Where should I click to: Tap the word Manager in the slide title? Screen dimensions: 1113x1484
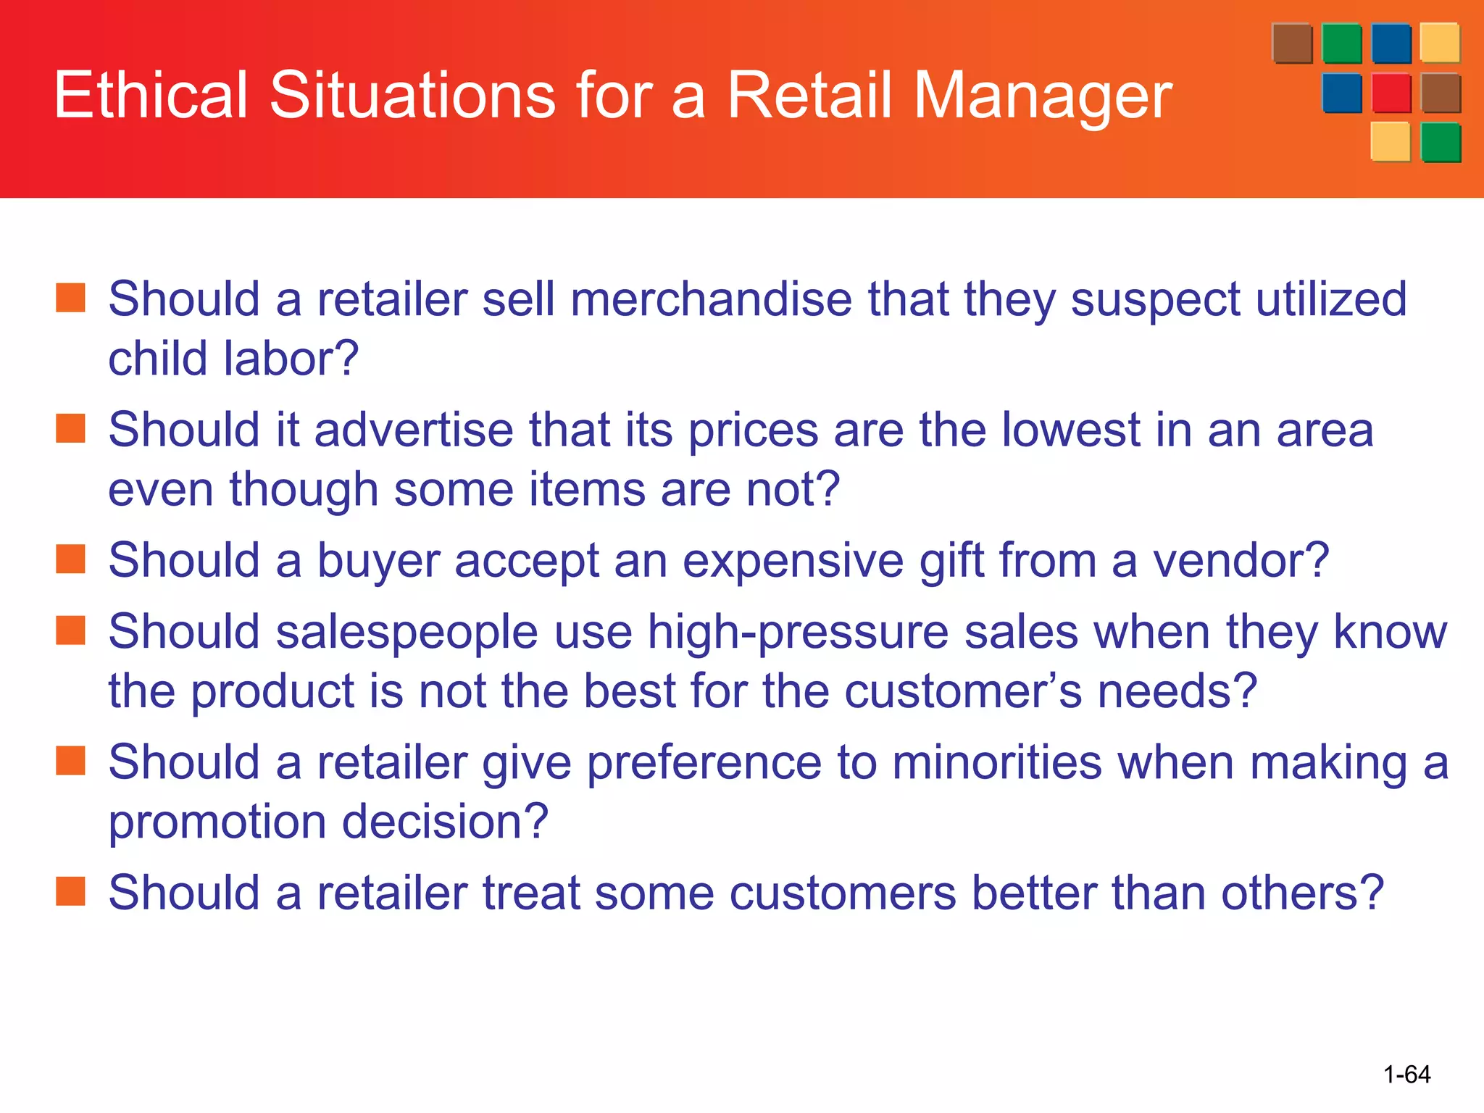pyautogui.click(x=1043, y=97)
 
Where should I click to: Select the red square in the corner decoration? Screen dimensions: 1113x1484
pyautogui.click(x=1391, y=93)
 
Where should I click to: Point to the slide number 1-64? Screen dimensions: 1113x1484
pyautogui.click(x=1406, y=1074)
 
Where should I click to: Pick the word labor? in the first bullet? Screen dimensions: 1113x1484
pyautogui.click(x=291, y=358)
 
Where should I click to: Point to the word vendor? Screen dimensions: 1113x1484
pyautogui.click(x=1241, y=560)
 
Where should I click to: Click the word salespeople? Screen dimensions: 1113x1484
pyautogui.click(x=407, y=633)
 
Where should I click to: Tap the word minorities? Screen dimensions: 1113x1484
pyautogui.click(x=996, y=763)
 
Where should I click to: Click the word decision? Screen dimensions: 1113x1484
pyautogui.click(x=445, y=821)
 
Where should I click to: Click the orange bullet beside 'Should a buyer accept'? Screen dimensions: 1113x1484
pyautogui.click(x=71, y=559)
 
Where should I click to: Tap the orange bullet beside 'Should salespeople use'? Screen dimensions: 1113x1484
pyautogui.click(x=71, y=630)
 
